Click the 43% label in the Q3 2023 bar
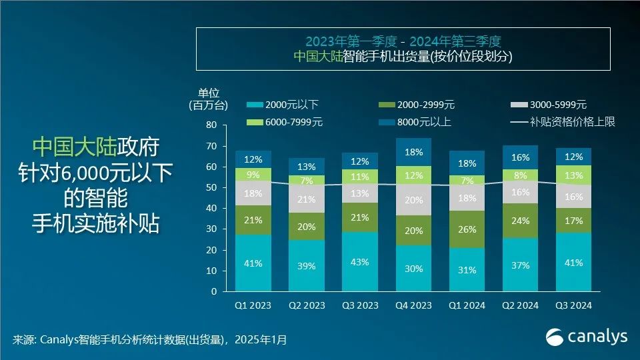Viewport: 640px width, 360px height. click(x=359, y=262)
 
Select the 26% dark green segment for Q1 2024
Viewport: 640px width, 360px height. click(x=467, y=229)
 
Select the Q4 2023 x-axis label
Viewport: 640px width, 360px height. click(x=413, y=305)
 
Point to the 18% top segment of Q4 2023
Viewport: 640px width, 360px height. click(x=413, y=152)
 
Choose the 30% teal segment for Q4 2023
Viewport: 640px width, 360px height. click(x=413, y=268)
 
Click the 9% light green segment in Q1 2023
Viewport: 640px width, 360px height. click(x=253, y=175)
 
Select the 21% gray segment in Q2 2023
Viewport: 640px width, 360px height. click(x=307, y=199)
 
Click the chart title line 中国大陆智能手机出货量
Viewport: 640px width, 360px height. click(x=403, y=57)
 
